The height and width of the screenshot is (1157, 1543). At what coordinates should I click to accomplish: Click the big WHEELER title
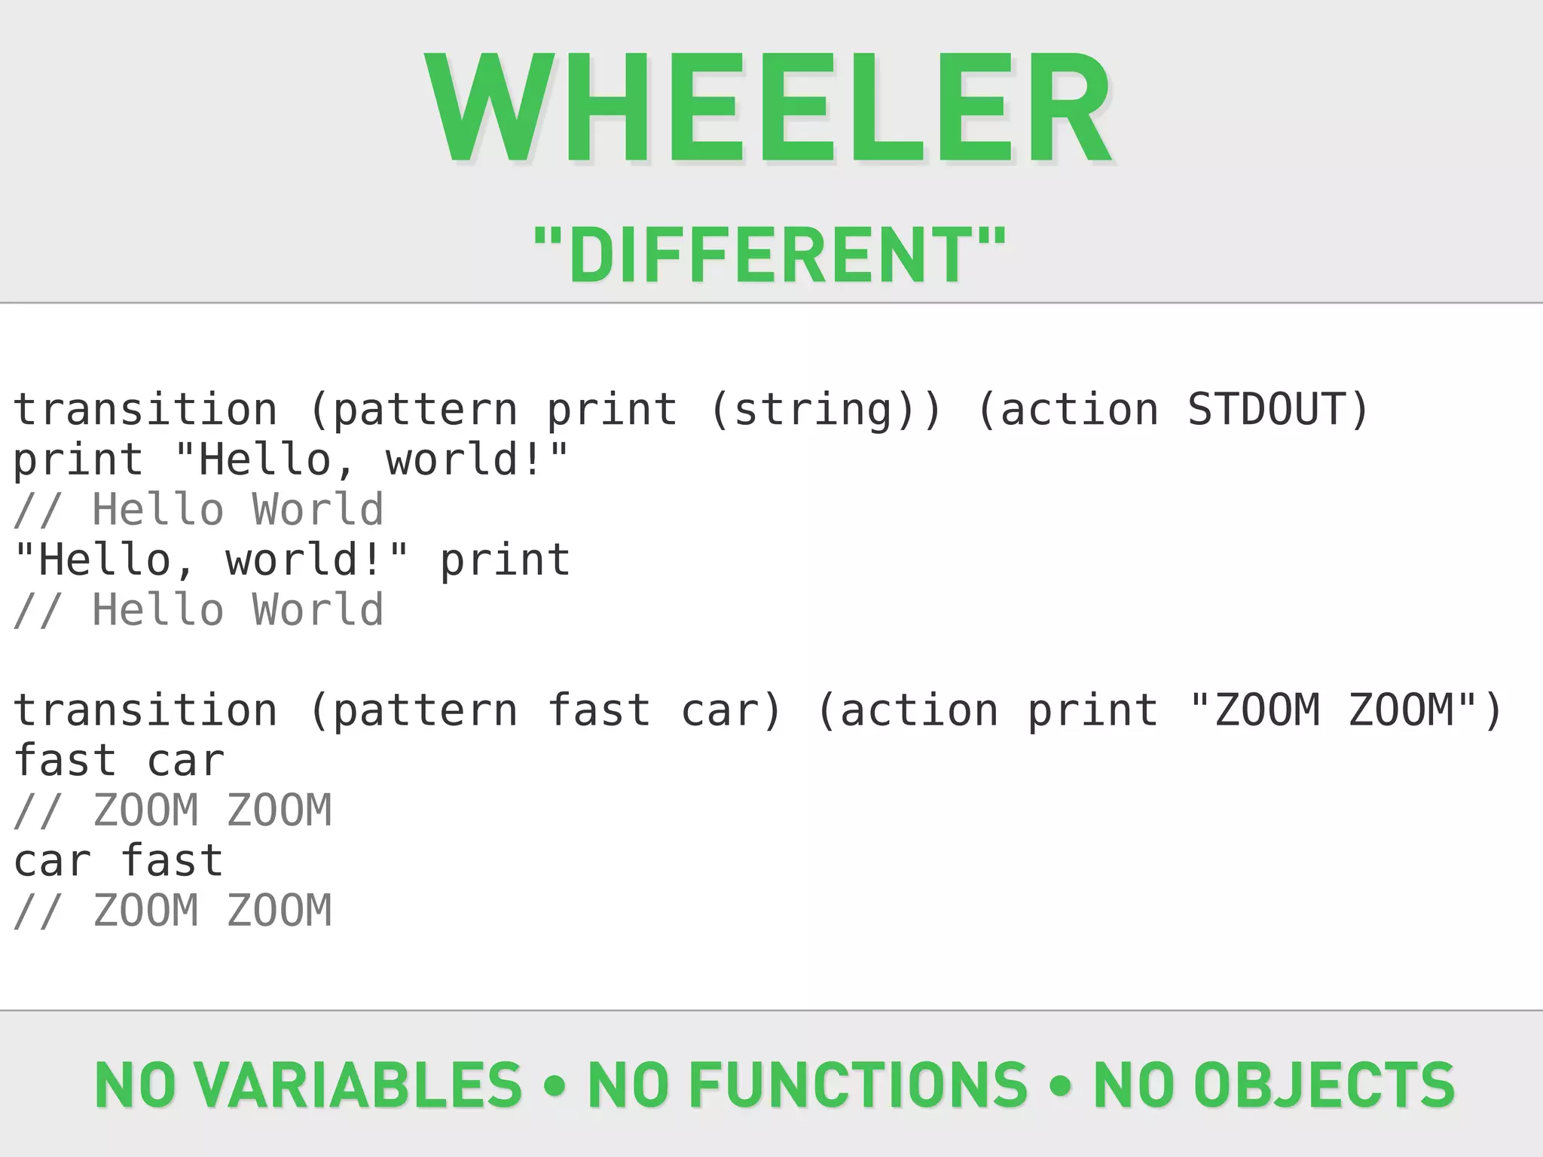(768, 109)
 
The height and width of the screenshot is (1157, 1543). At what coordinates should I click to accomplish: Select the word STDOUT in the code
(1266, 410)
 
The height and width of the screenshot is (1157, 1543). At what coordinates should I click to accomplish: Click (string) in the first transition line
(826, 410)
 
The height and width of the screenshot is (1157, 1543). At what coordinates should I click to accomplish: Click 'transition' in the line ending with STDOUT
(145, 410)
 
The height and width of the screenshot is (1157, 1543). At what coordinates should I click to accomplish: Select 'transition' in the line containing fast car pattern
(145, 710)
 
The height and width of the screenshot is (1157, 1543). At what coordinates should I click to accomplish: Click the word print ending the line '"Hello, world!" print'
(505, 560)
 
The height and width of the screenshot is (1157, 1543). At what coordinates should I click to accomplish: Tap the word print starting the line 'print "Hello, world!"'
(78, 460)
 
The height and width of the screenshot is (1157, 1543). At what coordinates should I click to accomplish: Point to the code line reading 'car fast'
(119, 861)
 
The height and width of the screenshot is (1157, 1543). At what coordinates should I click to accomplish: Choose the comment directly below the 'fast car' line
(173, 811)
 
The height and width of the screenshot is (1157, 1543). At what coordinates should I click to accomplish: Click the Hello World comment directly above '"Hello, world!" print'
(199, 510)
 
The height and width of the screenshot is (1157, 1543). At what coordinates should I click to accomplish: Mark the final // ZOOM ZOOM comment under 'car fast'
(173, 911)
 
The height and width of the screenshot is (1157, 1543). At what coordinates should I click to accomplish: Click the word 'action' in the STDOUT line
(1079, 410)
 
